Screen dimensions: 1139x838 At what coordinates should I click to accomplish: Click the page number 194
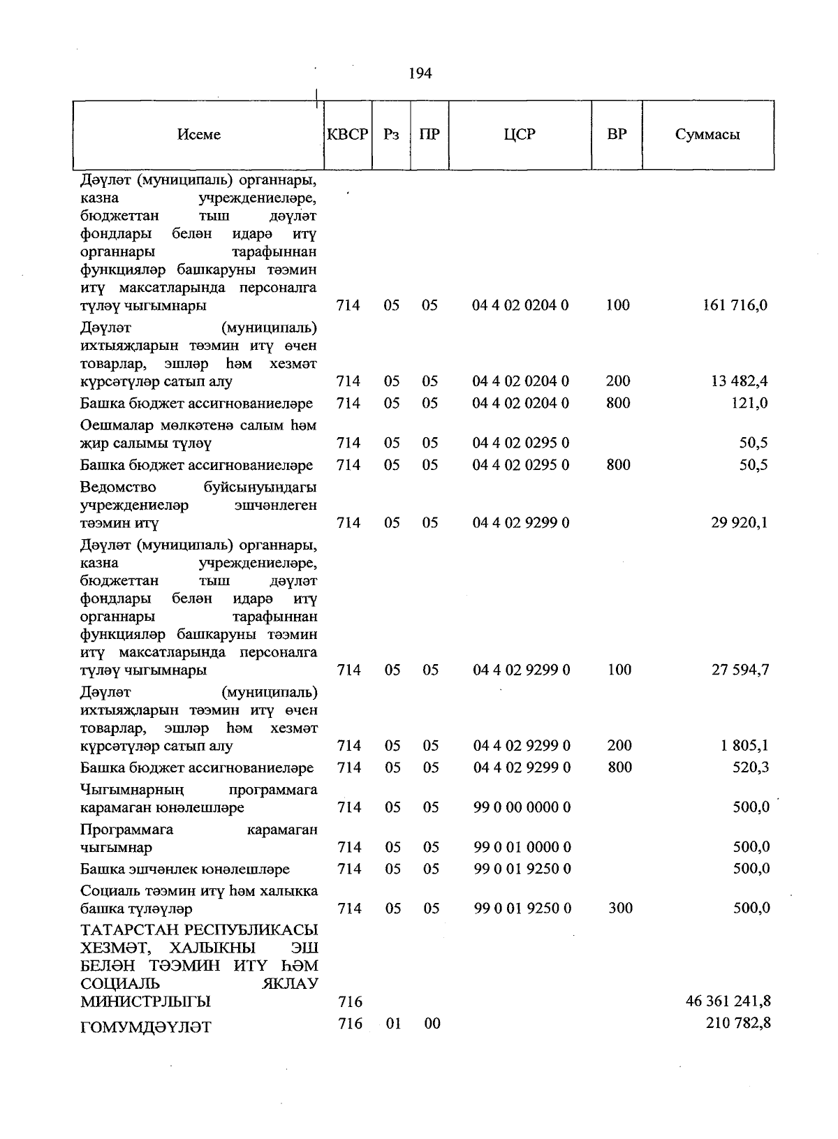point(420,73)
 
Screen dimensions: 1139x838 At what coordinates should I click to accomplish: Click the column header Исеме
point(199,135)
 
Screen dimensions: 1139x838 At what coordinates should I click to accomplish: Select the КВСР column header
point(347,134)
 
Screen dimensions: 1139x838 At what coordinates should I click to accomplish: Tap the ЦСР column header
point(520,134)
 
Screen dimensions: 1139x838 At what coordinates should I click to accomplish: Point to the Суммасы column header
point(707,135)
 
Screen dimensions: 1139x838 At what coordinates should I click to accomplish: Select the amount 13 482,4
point(737,381)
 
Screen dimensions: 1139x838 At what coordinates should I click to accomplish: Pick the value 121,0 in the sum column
point(748,403)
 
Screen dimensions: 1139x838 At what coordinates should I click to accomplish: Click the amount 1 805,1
point(744,746)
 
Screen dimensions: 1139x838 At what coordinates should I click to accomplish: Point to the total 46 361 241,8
point(728,1001)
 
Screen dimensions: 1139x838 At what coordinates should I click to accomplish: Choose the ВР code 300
point(620,909)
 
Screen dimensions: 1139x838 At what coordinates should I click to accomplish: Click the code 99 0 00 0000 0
point(522,807)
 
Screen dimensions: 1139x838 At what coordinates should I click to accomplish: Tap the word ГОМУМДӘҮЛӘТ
point(145,1027)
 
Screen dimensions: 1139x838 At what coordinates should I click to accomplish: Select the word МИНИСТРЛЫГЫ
point(145,1002)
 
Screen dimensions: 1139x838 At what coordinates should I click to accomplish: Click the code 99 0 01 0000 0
point(522,847)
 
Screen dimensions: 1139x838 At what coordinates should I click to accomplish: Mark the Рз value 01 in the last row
point(393,1024)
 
